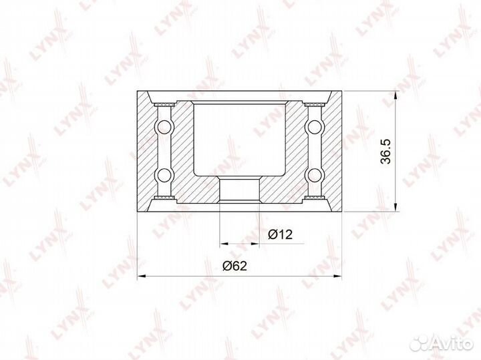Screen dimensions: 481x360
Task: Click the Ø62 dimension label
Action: (234, 266)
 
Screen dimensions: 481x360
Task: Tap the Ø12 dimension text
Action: (280, 234)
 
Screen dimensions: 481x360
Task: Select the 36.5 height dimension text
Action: (385, 152)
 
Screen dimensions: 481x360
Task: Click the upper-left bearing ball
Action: (164, 126)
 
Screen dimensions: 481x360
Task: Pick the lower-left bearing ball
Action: (164, 175)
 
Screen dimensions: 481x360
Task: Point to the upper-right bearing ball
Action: (314, 126)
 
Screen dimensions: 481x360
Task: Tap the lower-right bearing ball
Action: (314, 175)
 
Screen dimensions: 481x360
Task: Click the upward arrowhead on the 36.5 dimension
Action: (395, 96)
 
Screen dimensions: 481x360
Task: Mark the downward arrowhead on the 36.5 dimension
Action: (395, 207)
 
